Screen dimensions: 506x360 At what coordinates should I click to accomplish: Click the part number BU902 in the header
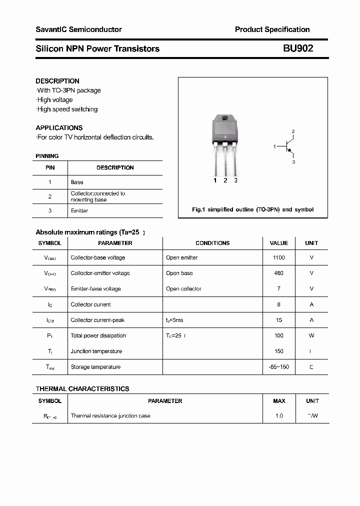click(298, 48)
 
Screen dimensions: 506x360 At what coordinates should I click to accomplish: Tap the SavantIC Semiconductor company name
click(78, 30)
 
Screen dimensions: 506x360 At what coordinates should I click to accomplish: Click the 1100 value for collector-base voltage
click(279, 258)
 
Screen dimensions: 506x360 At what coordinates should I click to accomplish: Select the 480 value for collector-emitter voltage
click(279, 273)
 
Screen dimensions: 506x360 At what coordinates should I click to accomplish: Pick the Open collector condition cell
click(183, 289)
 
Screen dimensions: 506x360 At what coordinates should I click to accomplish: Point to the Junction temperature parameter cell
click(96, 351)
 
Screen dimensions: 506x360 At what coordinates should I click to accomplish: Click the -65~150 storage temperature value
click(278, 367)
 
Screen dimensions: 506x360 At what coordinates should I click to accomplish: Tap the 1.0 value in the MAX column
click(279, 416)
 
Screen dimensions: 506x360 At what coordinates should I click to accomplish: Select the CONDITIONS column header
click(212, 243)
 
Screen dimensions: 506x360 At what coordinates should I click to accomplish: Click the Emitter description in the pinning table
click(79, 211)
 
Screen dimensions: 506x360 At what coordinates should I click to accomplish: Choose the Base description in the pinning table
click(77, 182)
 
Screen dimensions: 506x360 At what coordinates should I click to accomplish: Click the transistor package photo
click(225, 144)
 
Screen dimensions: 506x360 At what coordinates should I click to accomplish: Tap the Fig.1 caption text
click(253, 209)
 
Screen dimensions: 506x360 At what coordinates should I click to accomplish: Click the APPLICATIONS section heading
click(59, 128)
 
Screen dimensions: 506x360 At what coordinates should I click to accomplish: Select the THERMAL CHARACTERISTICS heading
click(82, 389)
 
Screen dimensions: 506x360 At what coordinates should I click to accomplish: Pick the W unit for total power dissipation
click(311, 336)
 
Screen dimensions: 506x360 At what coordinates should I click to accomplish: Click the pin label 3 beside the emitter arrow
click(294, 162)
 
